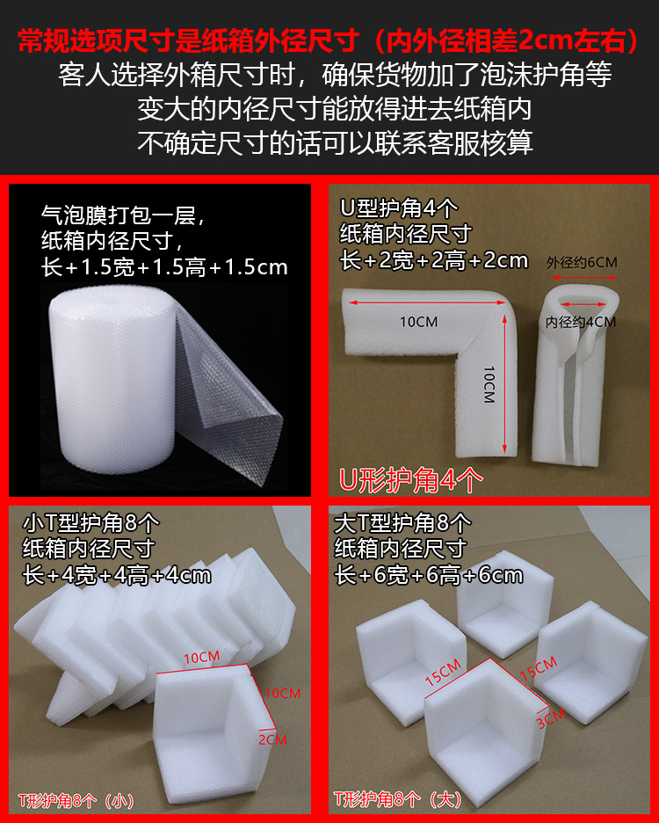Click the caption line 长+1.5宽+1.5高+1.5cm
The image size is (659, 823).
(x=165, y=266)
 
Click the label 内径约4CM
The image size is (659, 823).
(x=581, y=322)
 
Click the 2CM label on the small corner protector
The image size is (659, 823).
(x=272, y=739)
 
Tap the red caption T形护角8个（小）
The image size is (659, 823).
(x=76, y=800)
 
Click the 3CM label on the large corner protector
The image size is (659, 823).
(x=550, y=720)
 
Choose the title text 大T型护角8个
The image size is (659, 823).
(x=403, y=523)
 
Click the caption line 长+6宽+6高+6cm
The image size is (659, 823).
(x=429, y=575)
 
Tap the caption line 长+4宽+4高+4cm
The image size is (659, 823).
(x=117, y=575)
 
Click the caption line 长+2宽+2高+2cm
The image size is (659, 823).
(x=434, y=259)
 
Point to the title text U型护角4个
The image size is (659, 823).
(x=399, y=208)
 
